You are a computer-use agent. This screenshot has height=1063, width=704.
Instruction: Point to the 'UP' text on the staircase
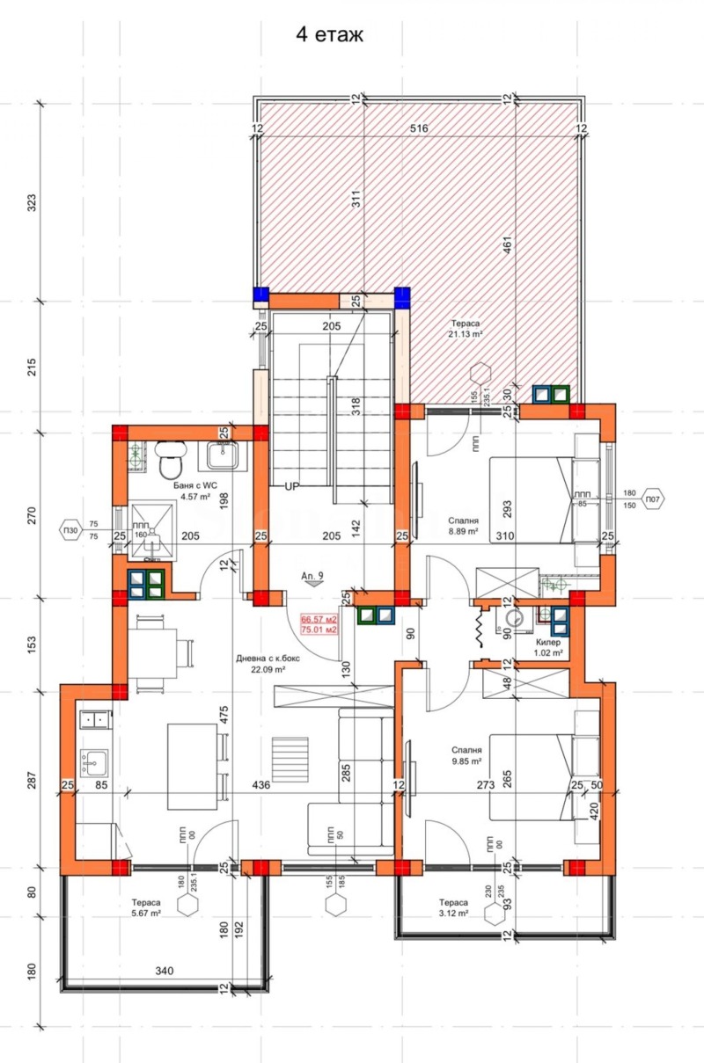click(293, 485)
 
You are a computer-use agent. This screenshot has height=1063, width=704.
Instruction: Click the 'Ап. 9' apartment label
click(312, 576)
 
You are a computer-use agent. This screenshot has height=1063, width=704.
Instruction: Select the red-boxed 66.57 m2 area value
click(319, 619)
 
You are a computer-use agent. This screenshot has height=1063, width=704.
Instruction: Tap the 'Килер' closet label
click(549, 643)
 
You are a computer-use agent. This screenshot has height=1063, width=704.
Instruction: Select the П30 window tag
click(70, 530)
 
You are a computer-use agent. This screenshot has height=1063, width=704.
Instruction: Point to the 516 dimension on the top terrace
click(419, 129)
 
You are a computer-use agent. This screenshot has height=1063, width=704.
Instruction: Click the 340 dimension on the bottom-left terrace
click(165, 972)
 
